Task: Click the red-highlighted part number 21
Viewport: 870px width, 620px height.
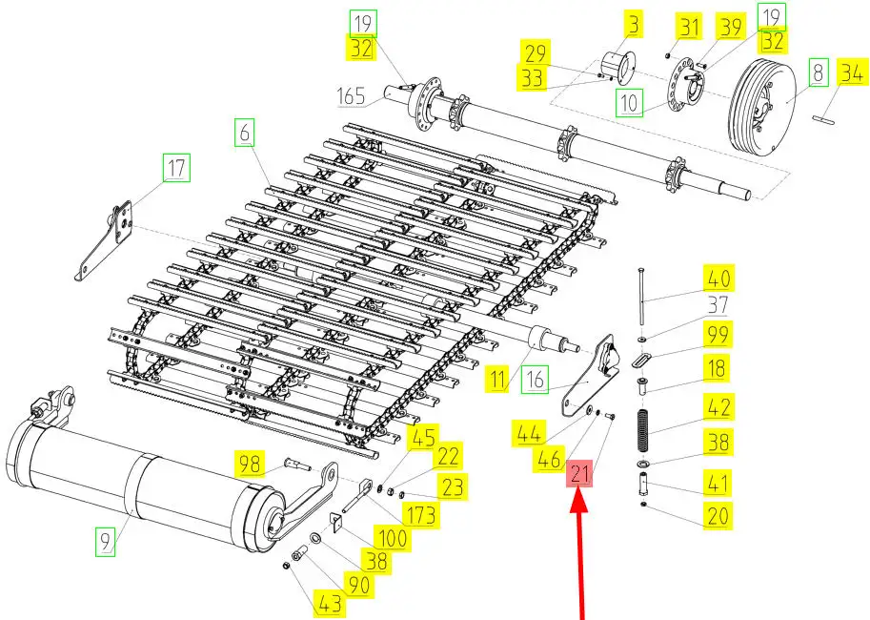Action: click(580, 472)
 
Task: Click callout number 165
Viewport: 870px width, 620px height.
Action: click(353, 95)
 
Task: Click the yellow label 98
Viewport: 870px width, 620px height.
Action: click(250, 465)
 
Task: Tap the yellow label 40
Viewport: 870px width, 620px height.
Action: click(718, 279)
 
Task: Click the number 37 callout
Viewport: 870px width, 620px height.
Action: click(718, 306)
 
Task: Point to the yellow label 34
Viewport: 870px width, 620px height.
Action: click(852, 71)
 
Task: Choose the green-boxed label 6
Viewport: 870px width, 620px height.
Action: click(245, 134)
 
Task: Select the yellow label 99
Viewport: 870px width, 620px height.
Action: click(718, 334)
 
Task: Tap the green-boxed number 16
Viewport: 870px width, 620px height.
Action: click(536, 380)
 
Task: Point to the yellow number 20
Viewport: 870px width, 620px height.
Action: click(718, 516)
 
